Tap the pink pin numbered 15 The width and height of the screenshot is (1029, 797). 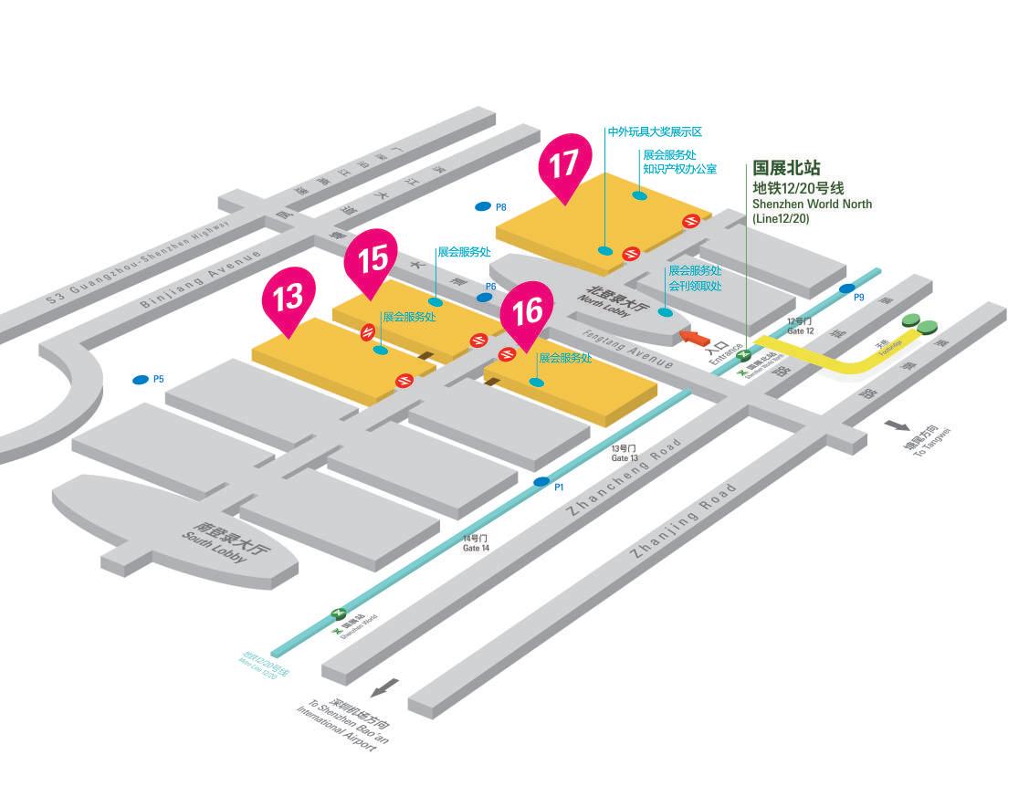[371, 260]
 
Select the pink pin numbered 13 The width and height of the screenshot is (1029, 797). [289, 298]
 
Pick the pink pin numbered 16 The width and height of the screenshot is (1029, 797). [528, 312]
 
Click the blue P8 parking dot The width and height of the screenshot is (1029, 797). [483, 207]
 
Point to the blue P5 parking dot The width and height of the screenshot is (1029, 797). [141, 379]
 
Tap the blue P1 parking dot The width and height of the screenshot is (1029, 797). [541, 481]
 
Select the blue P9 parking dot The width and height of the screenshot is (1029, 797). [846, 288]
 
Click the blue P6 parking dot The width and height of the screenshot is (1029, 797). [483, 297]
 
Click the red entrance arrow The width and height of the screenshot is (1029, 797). [696, 339]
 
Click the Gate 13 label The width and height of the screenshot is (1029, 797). [625, 453]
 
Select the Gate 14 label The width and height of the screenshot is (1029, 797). [477, 543]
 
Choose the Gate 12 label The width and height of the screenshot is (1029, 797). [800, 326]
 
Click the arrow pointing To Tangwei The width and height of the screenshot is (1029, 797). [898, 425]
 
